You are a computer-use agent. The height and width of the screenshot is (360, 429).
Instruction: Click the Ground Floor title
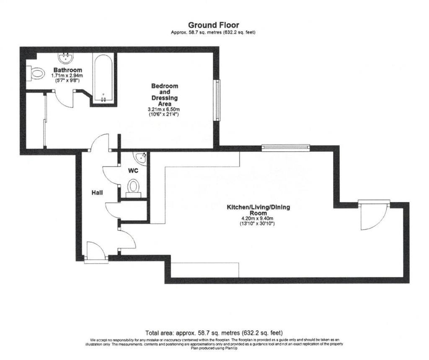[213, 25]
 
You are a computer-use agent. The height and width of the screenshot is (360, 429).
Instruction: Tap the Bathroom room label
[68, 70]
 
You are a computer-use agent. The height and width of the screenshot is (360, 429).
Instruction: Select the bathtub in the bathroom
[103, 78]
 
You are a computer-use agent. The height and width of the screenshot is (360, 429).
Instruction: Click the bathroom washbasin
[66, 58]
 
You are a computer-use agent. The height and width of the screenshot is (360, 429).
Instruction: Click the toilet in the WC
[133, 188]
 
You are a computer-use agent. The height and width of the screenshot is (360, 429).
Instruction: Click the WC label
[133, 171]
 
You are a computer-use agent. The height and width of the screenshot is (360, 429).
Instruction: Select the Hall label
[97, 193]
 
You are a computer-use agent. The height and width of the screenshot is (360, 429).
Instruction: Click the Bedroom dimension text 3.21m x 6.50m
[164, 109]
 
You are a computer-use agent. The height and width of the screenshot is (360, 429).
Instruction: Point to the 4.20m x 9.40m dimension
[257, 218]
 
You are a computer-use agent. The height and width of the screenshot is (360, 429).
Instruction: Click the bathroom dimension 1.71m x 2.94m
[67, 75]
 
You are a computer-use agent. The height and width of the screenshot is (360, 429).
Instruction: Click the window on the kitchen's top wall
[286, 148]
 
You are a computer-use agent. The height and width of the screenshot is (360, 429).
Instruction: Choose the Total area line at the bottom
[214, 333]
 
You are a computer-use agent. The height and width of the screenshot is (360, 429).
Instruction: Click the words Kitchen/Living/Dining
[258, 207]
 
